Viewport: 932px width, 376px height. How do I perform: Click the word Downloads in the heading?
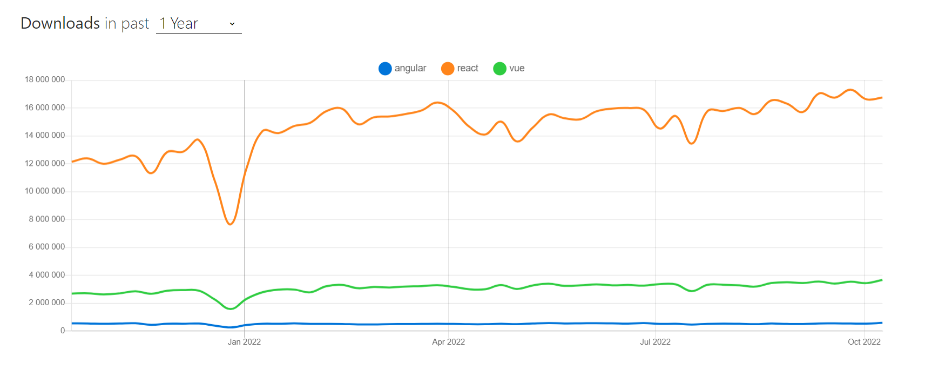click(60, 23)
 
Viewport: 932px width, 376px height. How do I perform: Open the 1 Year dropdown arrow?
click(232, 24)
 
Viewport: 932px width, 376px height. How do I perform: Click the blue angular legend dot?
click(385, 69)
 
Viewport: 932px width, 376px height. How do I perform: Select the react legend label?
click(468, 68)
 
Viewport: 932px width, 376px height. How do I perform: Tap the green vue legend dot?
click(499, 69)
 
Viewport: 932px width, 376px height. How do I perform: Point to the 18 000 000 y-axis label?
click(45, 79)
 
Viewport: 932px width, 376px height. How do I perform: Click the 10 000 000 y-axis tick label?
click(45, 191)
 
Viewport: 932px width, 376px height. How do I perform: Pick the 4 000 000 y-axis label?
click(47, 274)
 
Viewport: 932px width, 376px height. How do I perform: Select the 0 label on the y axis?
click(63, 330)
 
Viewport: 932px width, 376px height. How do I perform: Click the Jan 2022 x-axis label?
click(244, 342)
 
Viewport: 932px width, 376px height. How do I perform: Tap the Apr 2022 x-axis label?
click(448, 342)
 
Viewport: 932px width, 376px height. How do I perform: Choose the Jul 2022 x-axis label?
click(655, 342)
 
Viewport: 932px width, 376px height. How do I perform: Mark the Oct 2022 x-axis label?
click(864, 342)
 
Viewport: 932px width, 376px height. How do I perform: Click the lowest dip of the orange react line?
click(231, 224)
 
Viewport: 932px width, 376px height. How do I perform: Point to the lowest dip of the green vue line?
click(231, 309)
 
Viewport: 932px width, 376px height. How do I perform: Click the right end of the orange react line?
click(882, 98)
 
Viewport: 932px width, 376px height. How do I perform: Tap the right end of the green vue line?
click(882, 280)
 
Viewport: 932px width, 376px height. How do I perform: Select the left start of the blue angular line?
click(72, 323)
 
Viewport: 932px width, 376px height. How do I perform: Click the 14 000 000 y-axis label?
click(45, 135)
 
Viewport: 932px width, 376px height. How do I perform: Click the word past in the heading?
click(135, 24)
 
